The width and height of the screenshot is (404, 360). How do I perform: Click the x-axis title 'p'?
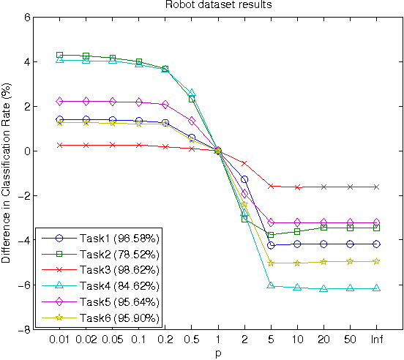point(218,353)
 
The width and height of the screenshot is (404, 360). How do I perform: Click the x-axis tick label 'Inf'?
point(376,341)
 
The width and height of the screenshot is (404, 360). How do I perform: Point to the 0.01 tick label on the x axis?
point(59,341)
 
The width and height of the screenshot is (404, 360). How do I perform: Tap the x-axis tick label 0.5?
point(191,341)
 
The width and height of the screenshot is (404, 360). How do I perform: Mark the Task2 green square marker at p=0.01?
point(59,55)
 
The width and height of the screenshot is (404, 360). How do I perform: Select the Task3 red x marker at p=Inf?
point(376,187)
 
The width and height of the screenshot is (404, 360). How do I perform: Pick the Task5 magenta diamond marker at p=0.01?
point(59,101)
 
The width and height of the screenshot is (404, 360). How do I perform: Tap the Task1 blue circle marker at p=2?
point(244,179)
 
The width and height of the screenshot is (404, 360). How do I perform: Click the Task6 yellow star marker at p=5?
point(271,263)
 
